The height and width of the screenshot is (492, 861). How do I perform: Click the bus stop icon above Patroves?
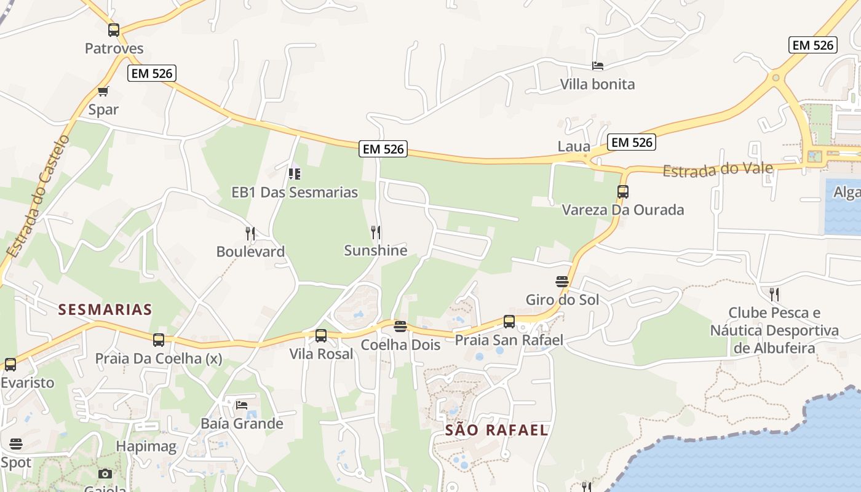[114, 30]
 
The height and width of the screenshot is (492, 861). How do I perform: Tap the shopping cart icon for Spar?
[103, 92]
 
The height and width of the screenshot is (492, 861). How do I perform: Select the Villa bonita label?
[597, 84]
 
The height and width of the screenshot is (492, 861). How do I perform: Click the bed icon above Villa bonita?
[597, 66]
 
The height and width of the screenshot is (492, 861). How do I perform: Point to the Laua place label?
[573, 146]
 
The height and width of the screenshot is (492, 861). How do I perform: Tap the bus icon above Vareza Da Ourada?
[623, 192]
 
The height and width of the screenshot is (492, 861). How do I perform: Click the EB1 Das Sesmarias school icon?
[295, 174]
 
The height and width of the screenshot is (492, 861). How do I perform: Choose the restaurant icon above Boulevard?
[250, 233]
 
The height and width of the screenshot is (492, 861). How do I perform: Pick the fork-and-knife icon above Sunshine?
[376, 232]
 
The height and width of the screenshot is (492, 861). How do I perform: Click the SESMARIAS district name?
[105, 309]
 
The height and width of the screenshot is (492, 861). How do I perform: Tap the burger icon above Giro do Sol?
[562, 282]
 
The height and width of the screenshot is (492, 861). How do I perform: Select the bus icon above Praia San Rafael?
[509, 321]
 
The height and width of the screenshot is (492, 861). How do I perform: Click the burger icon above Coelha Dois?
[400, 327]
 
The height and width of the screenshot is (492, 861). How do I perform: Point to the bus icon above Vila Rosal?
[321, 336]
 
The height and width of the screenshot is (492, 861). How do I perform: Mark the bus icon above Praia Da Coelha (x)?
[159, 339]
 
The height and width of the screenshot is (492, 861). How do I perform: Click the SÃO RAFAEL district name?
[496, 430]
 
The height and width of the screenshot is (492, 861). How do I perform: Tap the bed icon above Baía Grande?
[242, 405]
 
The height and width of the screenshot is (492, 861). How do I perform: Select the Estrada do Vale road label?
[718, 169]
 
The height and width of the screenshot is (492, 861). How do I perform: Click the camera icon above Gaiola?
[105, 474]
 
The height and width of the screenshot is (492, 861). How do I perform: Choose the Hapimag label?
[146, 446]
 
